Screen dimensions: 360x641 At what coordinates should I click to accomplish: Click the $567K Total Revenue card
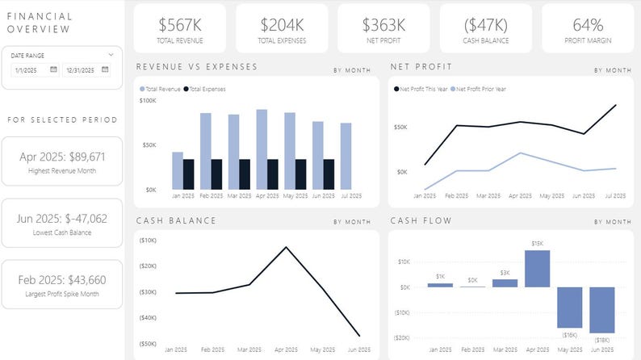tap(180, 28)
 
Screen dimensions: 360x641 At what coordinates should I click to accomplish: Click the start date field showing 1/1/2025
tap(28, 70)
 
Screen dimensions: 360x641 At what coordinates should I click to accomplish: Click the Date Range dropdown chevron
tap(111, 55)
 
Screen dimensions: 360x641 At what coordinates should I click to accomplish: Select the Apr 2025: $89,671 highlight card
tap(62, 161)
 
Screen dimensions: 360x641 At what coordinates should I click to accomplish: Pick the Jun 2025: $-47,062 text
tap(62, 218)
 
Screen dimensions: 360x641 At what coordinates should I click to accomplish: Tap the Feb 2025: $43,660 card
tap(62, 284)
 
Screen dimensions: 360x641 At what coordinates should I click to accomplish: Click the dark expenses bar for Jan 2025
tap(188, 174)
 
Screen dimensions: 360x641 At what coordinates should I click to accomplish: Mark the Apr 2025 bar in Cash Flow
tap(537, 269)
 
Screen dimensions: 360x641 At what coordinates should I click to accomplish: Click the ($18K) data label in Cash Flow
tap(601, 340)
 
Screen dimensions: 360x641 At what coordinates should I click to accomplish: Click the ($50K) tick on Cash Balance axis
tap(148, 344)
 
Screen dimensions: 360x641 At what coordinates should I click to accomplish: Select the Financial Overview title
tap(40, 23)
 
